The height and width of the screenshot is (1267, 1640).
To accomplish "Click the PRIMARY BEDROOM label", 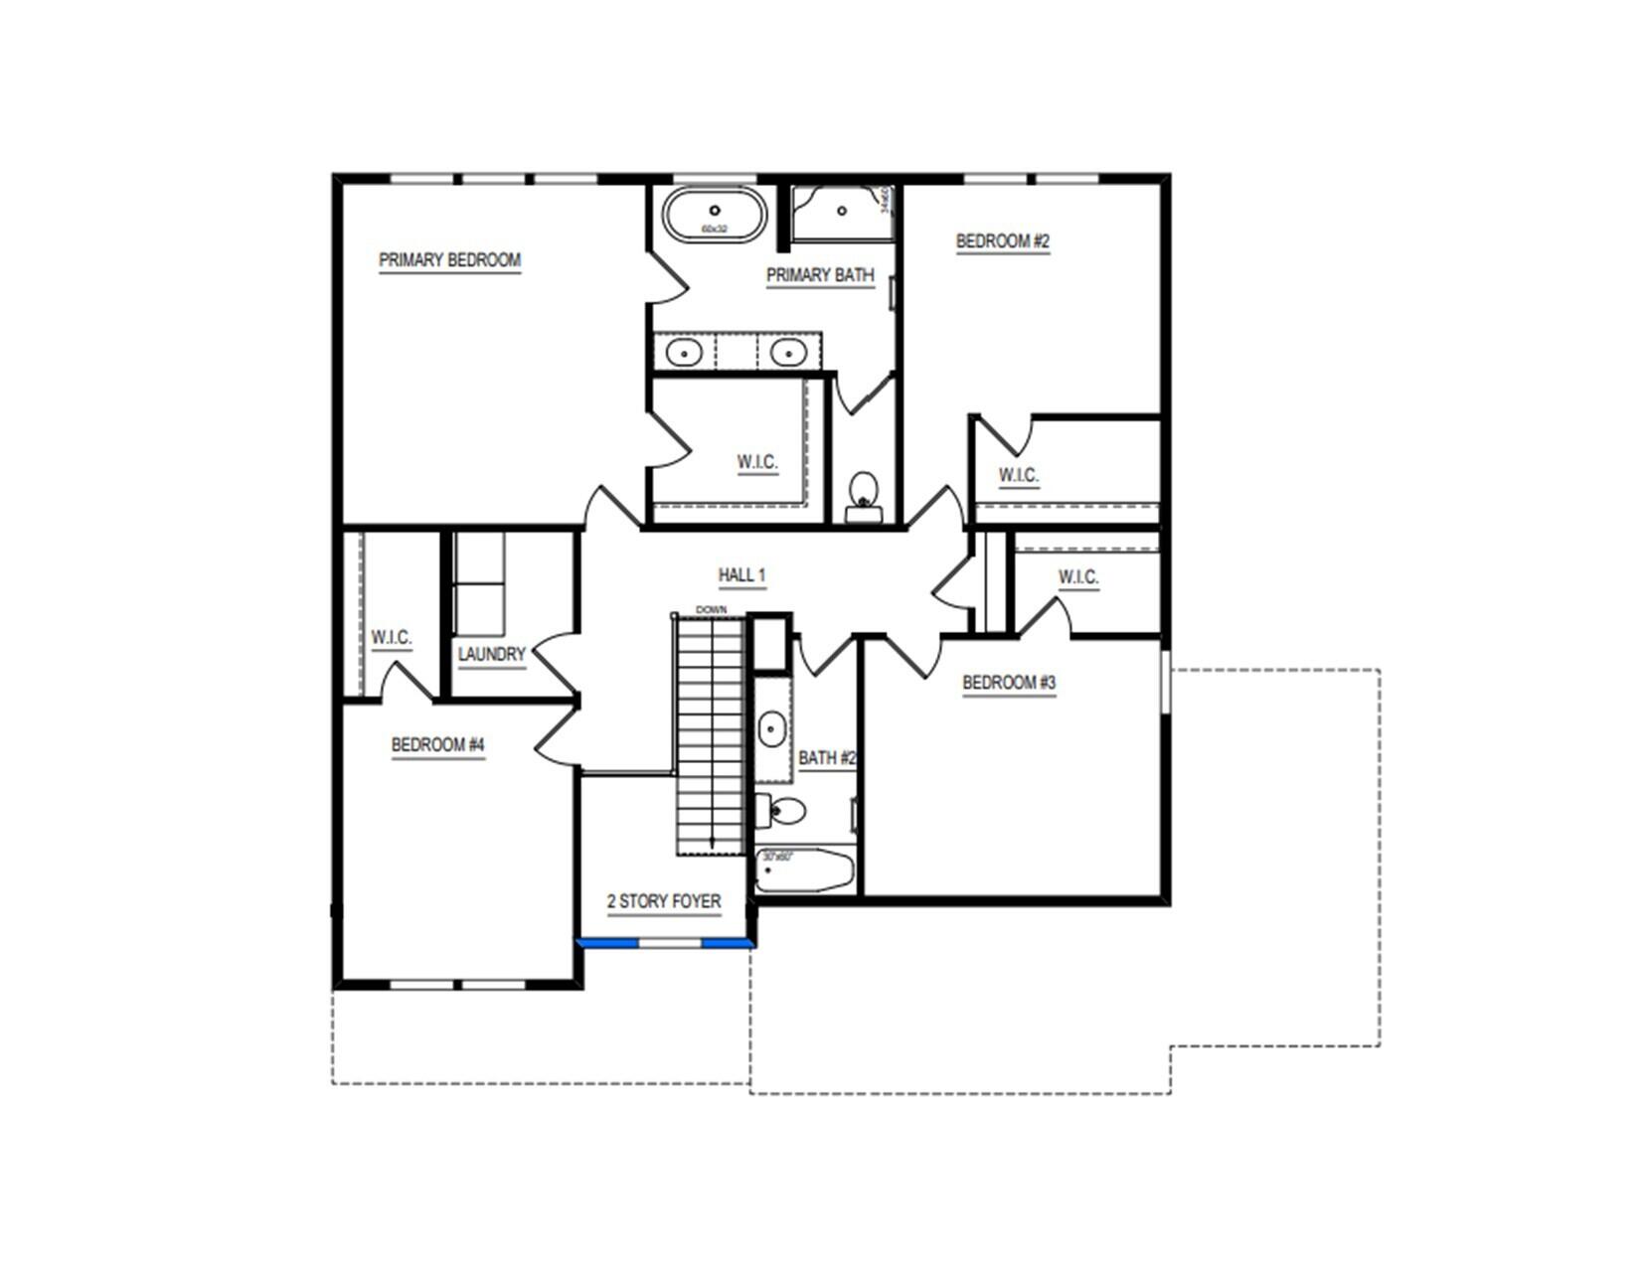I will [x=449, y=260].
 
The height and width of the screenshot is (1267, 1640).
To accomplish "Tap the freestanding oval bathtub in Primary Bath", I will [x=715, y=214].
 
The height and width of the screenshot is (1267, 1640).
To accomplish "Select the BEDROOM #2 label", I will [x=1002, y=241].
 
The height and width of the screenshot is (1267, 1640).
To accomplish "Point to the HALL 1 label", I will [x=741, y=575].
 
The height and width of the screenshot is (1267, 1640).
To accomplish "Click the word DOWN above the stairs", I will [x=711, y=609].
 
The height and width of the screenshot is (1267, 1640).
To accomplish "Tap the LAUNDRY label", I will [x=491, y=655].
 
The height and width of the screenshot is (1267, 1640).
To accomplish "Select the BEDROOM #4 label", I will [x=437, y=745].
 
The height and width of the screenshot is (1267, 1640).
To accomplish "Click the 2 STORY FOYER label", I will [x=664, y=902].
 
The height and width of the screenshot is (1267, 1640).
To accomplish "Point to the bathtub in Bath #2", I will [x=804, y=871].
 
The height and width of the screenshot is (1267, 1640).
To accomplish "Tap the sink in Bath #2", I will [x=772, y=730].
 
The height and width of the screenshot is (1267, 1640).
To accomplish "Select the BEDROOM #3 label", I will [x=1008, y=684].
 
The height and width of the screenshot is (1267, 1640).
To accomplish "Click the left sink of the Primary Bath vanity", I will [x=684, y=352].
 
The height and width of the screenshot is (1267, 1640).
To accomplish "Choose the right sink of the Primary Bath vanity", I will [x=787, y=352].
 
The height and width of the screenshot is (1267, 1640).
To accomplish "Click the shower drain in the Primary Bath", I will [x=842, y=211].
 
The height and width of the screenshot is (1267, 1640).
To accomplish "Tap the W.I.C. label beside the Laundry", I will [x=391, y=638].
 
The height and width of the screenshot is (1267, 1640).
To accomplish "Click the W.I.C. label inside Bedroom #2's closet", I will [x=1018, y=476].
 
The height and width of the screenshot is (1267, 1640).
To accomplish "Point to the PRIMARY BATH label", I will [x=820, y=275].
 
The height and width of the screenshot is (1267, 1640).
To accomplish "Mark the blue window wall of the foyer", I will [x=664, y=942].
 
